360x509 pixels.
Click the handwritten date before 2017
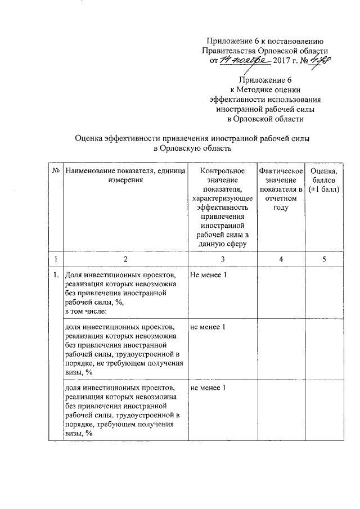[245, 60]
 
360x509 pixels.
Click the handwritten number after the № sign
[321, 60]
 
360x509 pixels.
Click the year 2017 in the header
[286, 61]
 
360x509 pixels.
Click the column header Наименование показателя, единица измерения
[125, 175]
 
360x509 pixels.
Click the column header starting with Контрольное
[222, 207]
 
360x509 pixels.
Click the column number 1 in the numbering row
[56, 259]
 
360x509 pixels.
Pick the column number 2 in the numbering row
[125, 259]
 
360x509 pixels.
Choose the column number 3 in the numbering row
[222, 259]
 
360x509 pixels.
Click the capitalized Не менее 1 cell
[209, 276]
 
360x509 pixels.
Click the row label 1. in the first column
[56, 276]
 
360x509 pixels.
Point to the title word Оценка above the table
[93, 138]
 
